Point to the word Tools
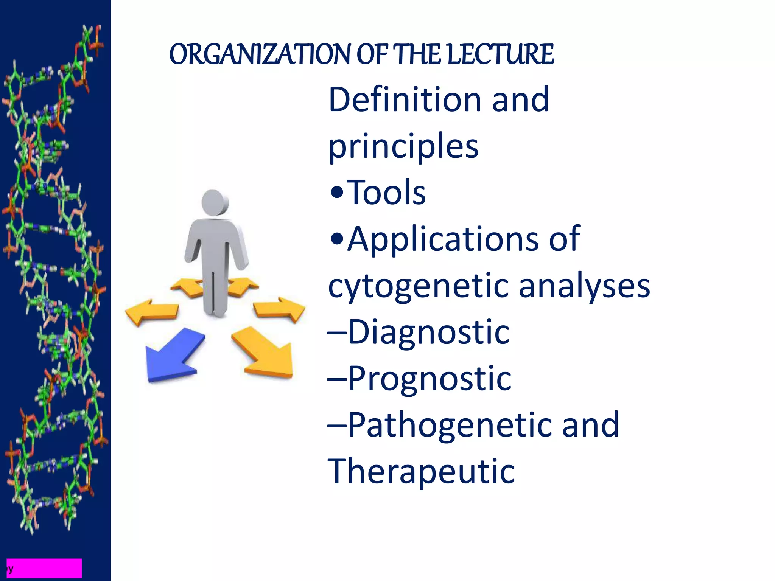(x=386, y=193)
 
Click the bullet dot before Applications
(x=336, y=239)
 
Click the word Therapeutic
(x=421, y=471)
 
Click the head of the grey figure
(x=214, y=202)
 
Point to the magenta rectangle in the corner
(x=44, y=568)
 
